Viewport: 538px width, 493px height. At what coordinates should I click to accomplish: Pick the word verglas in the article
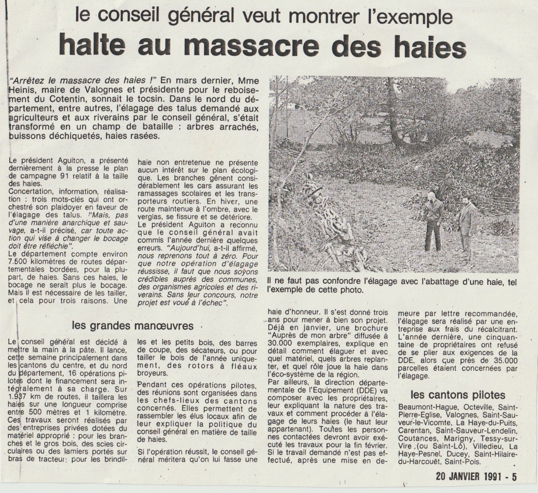tap(149, 216)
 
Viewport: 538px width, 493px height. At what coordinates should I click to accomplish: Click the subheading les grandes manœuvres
tap(133, 326)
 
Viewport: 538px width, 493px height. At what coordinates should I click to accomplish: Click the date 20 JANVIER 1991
tap(470, 476)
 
